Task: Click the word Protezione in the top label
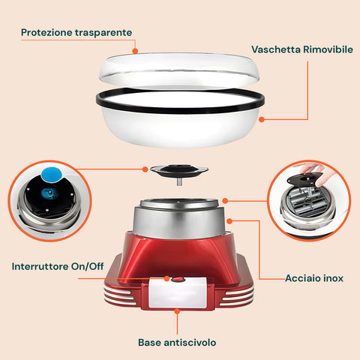(46, 33)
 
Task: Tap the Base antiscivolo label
(178, 342)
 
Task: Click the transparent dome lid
(180, 71)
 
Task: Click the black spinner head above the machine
(179, 171)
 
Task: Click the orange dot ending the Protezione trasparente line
(135, 52)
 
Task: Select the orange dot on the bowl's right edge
(262, 118)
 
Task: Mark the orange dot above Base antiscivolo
(178, 310)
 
